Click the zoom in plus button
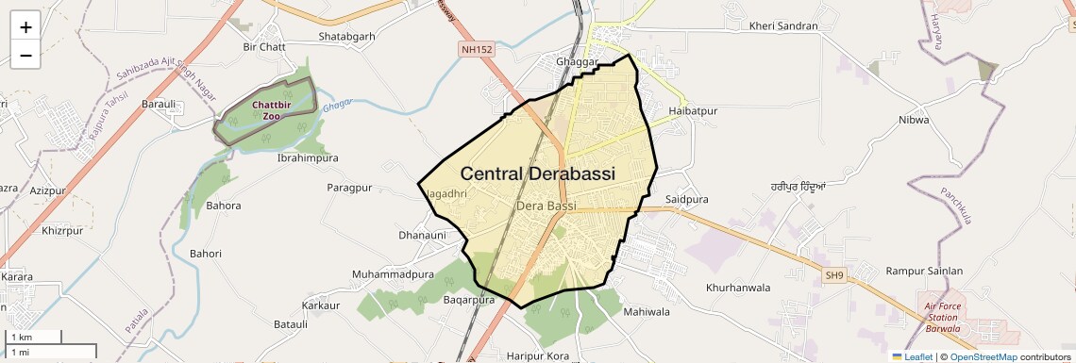[25, 27]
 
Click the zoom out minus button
[25, 56]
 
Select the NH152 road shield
[478, 48]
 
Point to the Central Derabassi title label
[537, 174]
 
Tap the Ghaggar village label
[578, 62]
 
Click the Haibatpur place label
[693, 111]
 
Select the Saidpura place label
[686, 200]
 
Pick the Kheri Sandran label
[782, 26]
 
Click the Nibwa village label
[914, 120]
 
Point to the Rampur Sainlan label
[924, 272]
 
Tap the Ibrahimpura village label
[307, 158]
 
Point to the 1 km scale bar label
[22, 338]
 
